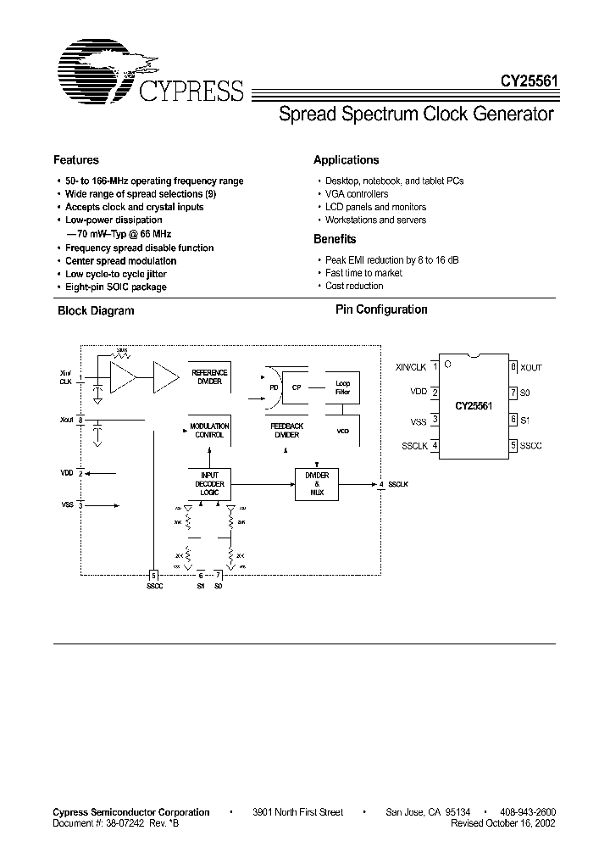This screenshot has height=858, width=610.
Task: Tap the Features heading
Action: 76,159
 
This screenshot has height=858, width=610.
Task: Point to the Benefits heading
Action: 335,239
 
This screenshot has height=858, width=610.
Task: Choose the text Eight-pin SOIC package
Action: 116,287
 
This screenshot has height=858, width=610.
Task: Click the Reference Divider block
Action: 208,376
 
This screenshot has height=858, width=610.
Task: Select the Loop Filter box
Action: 343,388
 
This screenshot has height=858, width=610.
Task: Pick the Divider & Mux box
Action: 318,483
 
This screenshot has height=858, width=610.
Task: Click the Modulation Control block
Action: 208,430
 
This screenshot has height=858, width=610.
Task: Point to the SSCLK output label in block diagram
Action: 398,484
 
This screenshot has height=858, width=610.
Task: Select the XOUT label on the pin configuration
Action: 531,367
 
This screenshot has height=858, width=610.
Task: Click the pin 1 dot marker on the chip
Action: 447,365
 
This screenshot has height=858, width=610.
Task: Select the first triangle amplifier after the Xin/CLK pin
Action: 124,375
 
